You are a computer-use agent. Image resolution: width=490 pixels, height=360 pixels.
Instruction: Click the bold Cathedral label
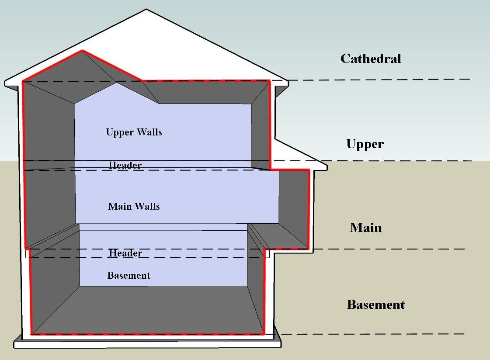(x=371, y=59)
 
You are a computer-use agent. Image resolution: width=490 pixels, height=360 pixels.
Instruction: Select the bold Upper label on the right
(x=365, y=144)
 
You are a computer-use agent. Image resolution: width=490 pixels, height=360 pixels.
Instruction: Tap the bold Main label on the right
(x=366, y=227)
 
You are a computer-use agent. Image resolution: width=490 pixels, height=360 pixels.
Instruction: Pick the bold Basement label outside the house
(x=376, y=305)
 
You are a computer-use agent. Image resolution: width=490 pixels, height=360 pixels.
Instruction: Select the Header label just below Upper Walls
(x=125, y=165)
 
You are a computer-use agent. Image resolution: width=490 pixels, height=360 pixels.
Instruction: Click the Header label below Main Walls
(x=125, y=253)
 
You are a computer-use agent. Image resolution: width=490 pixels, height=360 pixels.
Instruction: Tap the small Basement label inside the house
(x=129, y=275)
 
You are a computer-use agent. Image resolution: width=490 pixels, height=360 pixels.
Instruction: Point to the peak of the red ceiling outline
(x=82, y=51)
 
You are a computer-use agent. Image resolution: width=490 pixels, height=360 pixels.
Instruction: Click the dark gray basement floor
(x=149, y=310)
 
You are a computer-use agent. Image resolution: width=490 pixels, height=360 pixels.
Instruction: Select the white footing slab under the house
(x=147, y=344)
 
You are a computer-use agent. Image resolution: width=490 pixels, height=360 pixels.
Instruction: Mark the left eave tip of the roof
(x=6, y=83)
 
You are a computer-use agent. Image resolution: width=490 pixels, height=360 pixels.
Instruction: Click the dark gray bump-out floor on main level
(x=280, y=236)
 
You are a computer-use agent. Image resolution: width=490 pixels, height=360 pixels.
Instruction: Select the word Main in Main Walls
(x=117, y=206)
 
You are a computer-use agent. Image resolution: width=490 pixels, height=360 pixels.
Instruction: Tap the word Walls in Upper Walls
(x=148, y=132)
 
